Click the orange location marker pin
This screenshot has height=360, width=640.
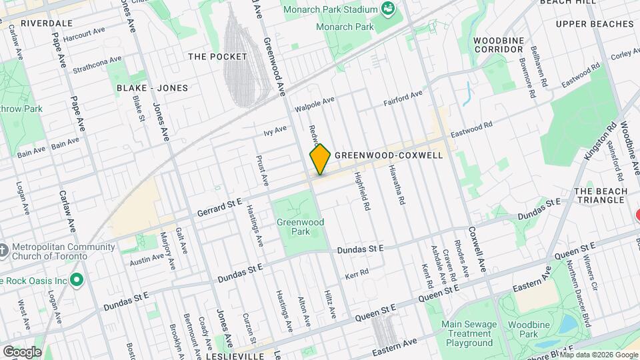pyautogui.click(x=320, y=159)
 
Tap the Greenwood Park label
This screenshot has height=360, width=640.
pyautogui.click(x=300, y=227)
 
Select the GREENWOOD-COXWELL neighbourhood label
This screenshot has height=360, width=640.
pyautogui.click(x=389, y=155)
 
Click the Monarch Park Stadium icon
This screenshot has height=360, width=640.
pyautogui.click(x=387, y=9)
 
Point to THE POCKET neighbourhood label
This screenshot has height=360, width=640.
pyautogui.click(x=217, y=57)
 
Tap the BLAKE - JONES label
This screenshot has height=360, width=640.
pyautogui.click(x=152, y=88)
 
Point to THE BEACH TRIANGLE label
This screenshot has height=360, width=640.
pyautogui.click(x=601, y=195)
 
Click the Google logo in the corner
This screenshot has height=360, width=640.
pyautogui.click(x=22, y=351)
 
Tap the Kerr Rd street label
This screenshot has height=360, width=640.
pyautogui.click(x=356, y=275)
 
